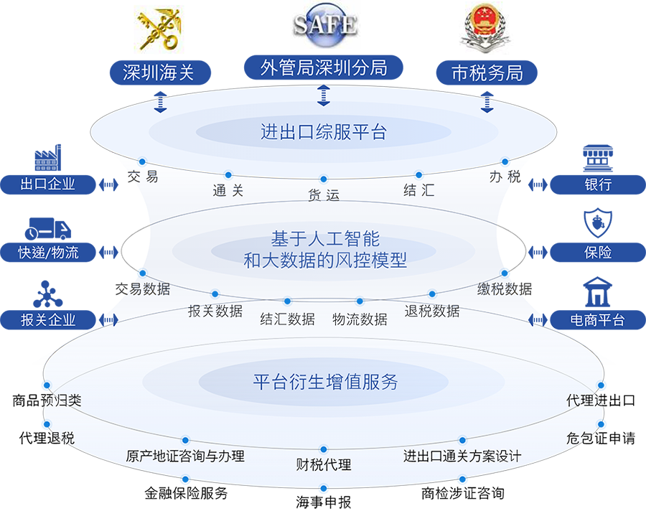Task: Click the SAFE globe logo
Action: click(x=324, y=23)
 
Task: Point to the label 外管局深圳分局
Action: click(x=324, y=68)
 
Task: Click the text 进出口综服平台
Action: click(x=324, y=132)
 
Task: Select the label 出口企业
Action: click(x=48, y=184)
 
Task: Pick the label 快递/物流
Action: click(x=48, y=253)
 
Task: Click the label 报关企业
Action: click(x=48, y=320)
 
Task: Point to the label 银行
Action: click(x=598, y=184)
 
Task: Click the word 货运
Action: click(x=324, y=194)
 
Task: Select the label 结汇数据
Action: click(x=287, y=319)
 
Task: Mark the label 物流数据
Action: click(x=360, y=319)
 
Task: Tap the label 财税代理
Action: click(x=324, y=465)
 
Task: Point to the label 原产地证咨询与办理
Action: click(x=185, y=456)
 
